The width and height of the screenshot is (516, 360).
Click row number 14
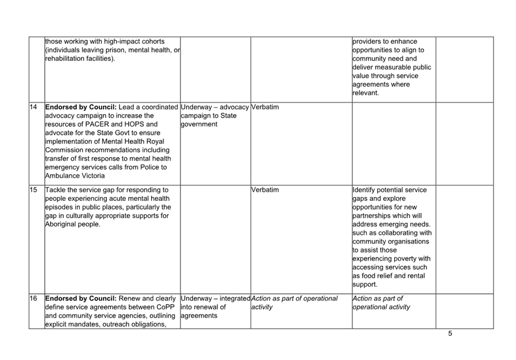tap(33, 107)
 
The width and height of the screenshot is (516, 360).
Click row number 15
tap(33, 189)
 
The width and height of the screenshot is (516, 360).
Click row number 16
tap(33, 299)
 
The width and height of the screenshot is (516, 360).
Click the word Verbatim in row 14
tap(265, 107)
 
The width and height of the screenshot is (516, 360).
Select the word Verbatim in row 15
tap(265, 189)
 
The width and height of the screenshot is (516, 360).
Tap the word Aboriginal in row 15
tap(64, 224)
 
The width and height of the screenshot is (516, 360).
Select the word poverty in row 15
tap(401, 258)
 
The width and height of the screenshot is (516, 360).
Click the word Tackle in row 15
tap(56, 189)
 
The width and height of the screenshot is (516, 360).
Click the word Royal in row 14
tap(155, 141)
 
